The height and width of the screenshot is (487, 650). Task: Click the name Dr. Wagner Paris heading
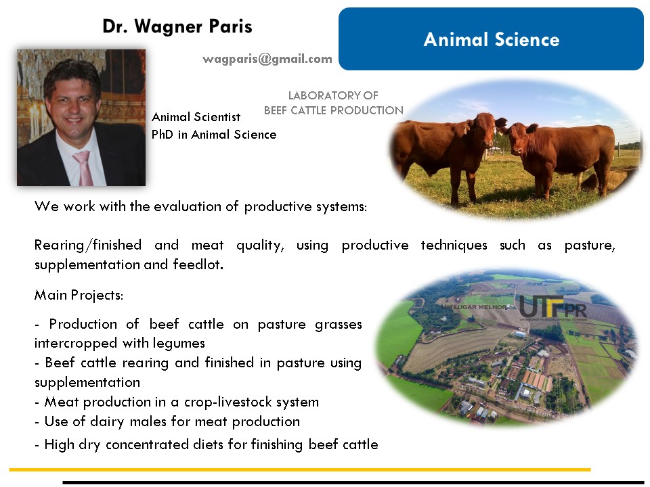(x=177, y=26)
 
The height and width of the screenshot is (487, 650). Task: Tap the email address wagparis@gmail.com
(x=267, y=60)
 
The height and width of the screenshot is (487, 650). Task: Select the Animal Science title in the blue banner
(x=492, y=39)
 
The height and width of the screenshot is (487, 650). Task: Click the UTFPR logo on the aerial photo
(x=553, y=308)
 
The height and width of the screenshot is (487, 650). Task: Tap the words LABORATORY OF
(x=333, y=95)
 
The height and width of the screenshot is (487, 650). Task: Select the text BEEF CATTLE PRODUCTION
(x=334, y=110)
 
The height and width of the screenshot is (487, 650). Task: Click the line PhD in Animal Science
(x=214, y=135)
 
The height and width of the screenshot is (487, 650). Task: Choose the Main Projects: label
(x=79, y=295)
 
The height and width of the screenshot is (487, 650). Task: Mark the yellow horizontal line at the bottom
(x=300, y=469)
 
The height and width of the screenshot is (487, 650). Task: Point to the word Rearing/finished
(x=88, y=245)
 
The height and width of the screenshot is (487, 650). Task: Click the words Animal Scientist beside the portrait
(x=196, y=117)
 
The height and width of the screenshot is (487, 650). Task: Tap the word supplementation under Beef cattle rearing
(x=87, y=382)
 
